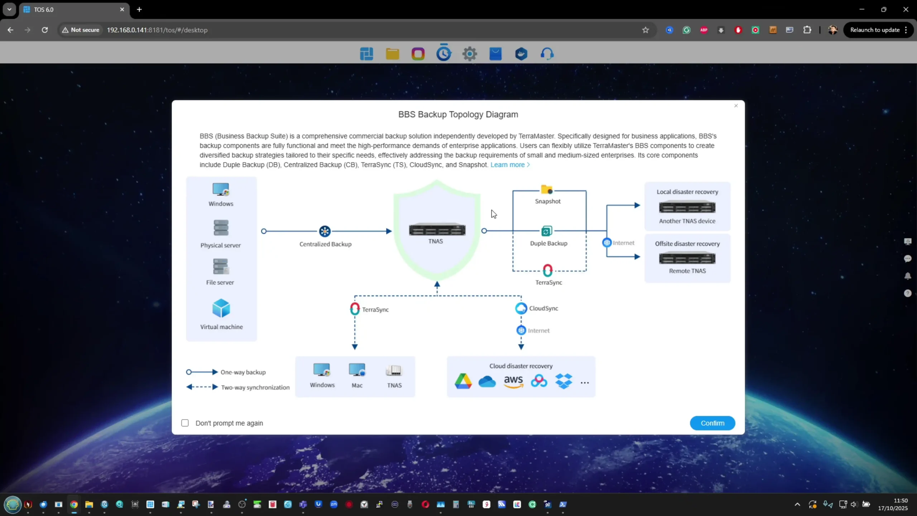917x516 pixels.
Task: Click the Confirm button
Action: point(712,423)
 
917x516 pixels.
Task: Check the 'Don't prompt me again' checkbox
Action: point(185,423)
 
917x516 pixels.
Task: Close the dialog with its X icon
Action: point(736,106)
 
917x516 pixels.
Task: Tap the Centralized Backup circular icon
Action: point(325,231)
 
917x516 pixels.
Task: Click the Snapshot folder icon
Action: point(547,189)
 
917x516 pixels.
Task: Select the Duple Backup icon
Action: point(547,231)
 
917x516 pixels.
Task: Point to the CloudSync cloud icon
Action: point(521,308)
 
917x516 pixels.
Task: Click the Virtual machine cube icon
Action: point(221,308)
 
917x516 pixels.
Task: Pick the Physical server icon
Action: point(221,228)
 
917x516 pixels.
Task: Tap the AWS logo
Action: point(513,381)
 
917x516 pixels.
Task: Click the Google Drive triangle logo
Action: point(463,381)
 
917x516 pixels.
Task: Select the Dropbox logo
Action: point(564,381)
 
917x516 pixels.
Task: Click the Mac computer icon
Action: point(357,370)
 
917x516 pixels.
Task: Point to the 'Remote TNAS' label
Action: point(687,271)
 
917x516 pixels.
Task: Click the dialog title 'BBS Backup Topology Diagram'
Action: point(458,115)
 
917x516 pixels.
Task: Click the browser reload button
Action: point(45,30)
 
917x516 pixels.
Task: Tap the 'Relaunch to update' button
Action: point(875,30)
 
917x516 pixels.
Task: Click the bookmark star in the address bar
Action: point(645,30)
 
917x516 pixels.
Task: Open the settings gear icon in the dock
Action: point(470,54)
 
